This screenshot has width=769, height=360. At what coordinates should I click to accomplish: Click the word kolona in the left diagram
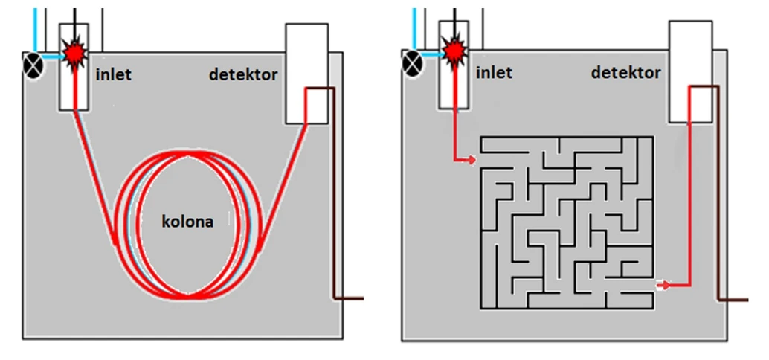187,222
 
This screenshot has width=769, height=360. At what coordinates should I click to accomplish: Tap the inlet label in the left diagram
114,74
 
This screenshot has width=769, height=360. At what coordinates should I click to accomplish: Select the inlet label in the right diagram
494,72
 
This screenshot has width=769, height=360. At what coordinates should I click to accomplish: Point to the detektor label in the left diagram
243,74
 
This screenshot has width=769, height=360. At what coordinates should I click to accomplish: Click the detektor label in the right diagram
625,72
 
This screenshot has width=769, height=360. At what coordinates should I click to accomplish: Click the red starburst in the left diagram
74,53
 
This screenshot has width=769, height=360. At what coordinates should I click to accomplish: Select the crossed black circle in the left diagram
33,64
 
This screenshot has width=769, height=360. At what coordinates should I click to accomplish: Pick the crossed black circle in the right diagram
412,62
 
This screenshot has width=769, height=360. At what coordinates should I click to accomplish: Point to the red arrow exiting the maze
664,285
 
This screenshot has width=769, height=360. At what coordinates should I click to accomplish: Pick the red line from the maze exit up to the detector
690,193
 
